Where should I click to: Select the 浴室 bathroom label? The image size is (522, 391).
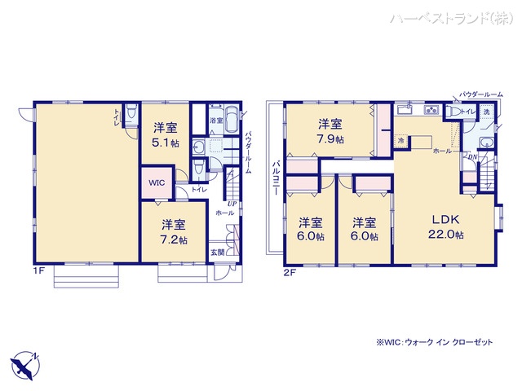[215, 121]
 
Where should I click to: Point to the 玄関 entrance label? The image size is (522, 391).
[218, 252]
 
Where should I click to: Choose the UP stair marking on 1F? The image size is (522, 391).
[232, 203]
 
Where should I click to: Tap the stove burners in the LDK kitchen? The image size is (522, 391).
[432, 112]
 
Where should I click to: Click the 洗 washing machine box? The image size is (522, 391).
[486, 111]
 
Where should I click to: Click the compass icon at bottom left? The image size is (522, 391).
[25, 364]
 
